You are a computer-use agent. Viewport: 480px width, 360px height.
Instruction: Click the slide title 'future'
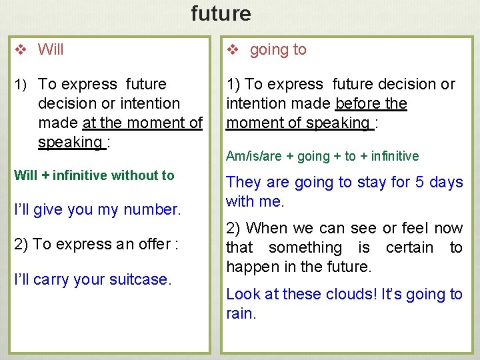(x=221, y=13)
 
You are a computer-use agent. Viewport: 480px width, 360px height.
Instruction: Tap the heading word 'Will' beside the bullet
(x=51, y=49)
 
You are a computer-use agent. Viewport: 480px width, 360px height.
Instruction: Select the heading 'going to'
(x=278, y=49)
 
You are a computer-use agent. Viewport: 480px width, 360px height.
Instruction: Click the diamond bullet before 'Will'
(x=20, y=50)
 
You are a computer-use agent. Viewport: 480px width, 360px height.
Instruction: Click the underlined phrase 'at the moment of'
(x=142, y=123)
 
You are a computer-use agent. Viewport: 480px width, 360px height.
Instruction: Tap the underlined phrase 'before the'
(x=371, y=103)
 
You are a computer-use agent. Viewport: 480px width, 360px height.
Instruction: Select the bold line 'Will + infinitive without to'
(x=94, y=175)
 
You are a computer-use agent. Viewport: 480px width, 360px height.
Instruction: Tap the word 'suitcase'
(x=141, y=279)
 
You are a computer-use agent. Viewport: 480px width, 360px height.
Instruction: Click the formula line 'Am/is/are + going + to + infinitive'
(x=323, y=156)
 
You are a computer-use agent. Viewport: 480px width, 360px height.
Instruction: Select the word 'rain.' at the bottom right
(x=241, y=313)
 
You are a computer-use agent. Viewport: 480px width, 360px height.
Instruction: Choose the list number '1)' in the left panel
(x=20, y=85)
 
